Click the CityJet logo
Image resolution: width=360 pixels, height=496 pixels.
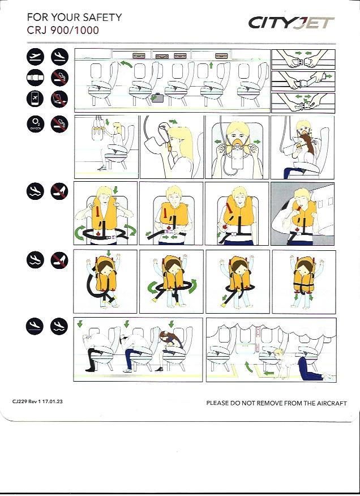click(x=292, y=23)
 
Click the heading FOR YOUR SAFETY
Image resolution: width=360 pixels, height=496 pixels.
click(x=74, y=17)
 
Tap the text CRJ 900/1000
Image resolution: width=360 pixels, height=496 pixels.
click(x=63, y=31)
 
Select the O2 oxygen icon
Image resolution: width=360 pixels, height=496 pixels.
click(x=35, y=124)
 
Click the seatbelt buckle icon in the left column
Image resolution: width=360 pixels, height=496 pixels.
click(x=35, y=78)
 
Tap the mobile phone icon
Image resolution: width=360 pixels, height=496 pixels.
click(x=35, y=99)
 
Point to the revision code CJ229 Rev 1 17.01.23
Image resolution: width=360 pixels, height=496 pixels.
click(x=37, y=401)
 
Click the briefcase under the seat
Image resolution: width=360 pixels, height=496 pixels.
click(x=157, y=97)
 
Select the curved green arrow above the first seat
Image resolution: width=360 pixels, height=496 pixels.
click(x=126, y=64)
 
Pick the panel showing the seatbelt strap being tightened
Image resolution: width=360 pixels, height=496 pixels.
click(x=303, y=81)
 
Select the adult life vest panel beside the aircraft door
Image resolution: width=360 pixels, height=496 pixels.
click(x=302, y=214)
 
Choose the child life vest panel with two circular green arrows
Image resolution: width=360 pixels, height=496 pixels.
click(x=171, y=282)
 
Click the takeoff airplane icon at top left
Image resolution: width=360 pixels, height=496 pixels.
click(x=35, y=57)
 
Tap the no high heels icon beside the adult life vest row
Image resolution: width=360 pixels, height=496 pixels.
click(x=60, y=191)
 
